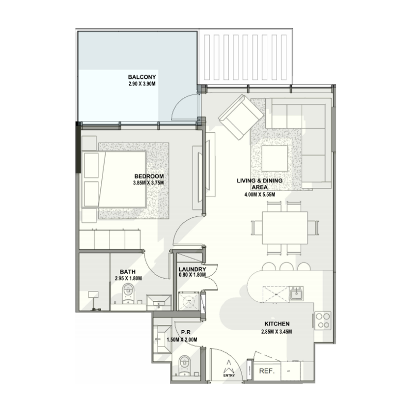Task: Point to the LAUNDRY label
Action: [192, 269]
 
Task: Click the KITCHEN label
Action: [277, 323]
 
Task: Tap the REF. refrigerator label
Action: [266, 371]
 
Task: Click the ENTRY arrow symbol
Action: [228, 369]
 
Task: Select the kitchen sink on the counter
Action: [296, 295]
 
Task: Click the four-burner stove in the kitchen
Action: [323, 320]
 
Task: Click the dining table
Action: [285, 228]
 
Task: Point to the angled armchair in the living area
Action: [240, 116]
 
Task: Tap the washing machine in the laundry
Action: [187, 301]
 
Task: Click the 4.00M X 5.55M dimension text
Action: [260, 195]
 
